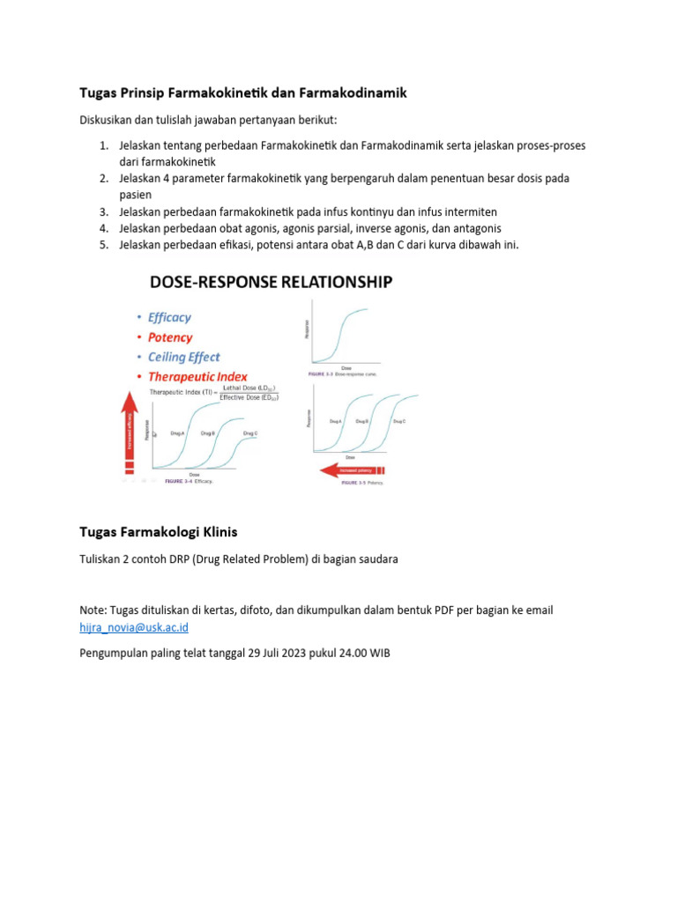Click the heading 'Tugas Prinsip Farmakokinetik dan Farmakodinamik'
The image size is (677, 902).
click(x=243, y=92)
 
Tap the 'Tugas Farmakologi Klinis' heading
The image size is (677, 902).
click(x=159, y=532)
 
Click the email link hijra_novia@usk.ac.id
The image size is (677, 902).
click(x=133, y=627)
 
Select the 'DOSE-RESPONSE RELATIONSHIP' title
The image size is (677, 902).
click(x=272, y=282)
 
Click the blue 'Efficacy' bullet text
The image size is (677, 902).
click(x=169, y=317)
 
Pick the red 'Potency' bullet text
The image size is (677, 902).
click(x=170, y=337)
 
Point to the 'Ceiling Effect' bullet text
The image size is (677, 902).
click(x=184, y=357)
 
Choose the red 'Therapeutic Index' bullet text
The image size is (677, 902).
click(x=197, y=377)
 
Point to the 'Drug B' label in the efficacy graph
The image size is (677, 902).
click(x=208, y=433)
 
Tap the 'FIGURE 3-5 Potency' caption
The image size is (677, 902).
click(x=364, y=483)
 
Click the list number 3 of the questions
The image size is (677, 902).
click(x=102, y=211)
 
